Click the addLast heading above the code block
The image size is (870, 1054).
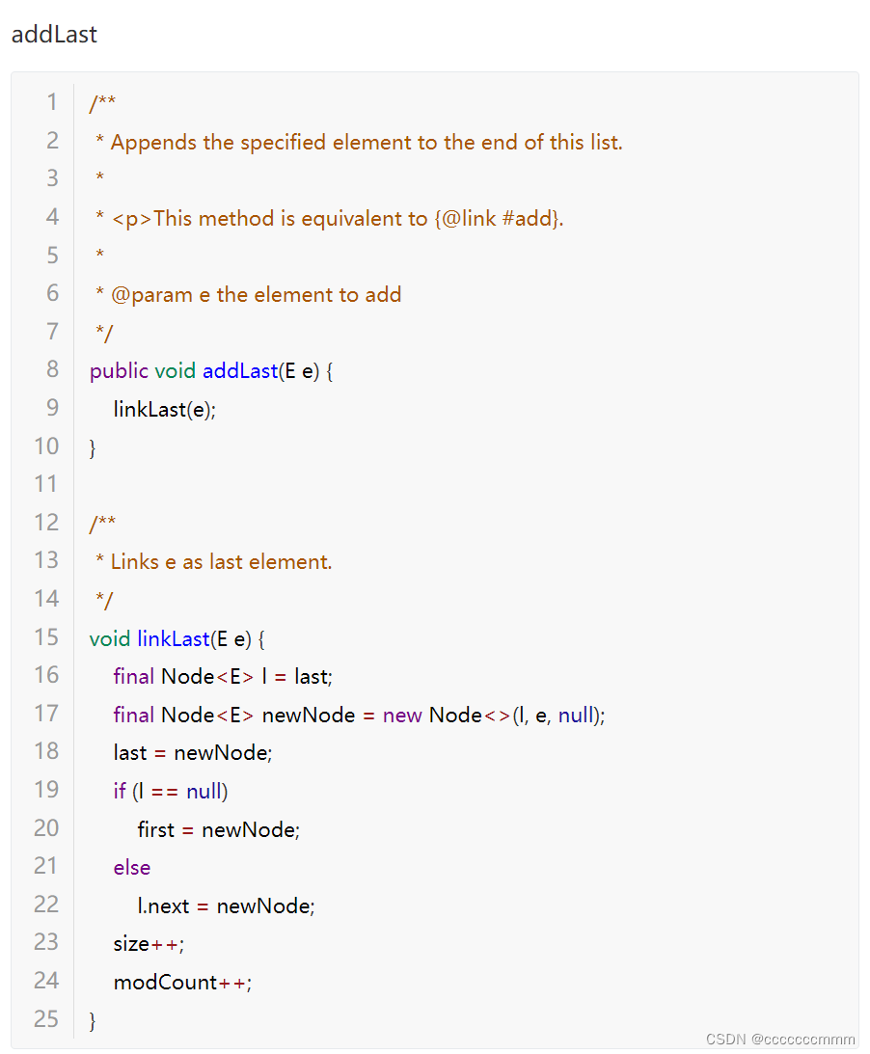pos(54,35)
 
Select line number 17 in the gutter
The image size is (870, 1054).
pos(46,714)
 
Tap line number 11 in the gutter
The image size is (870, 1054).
pos(46,484)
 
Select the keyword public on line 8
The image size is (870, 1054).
pos(119,371)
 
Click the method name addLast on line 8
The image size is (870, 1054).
pos(239,371)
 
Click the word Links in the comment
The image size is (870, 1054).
pos(134,562)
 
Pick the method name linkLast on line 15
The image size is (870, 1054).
pos(174,638)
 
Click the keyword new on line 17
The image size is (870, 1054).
pos(402,715)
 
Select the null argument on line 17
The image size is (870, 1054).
pos(576,715)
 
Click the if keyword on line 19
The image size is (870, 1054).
pos(120,792)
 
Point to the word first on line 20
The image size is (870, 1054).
pos(156,829)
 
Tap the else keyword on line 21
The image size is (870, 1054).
pos(132,868)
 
